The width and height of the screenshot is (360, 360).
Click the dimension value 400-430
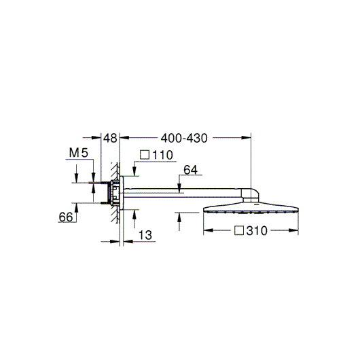(x=184, y=138)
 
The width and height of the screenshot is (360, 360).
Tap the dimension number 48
(x=110, y=138)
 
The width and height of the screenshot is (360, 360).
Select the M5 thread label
(x=79, y=153)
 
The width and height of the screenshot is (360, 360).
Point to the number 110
(x=162, y=155)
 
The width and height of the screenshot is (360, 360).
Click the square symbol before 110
(x=145, y=155)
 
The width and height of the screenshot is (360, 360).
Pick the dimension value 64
(x=191, y=170)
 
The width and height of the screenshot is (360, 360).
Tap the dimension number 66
(x=66, y=217)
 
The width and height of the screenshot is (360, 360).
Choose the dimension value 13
(x=145, y=235)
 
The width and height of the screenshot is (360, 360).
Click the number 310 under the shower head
(x=257, y=231)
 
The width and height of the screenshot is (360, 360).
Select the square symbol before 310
(x=239, y=230)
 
